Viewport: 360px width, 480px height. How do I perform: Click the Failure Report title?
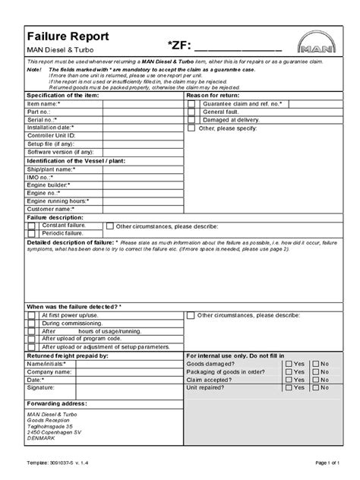(68, 36)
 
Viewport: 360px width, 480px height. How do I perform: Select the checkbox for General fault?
(191, 112)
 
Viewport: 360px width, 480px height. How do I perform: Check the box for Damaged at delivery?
(191, 120)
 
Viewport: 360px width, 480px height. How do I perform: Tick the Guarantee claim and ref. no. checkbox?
(191, 103)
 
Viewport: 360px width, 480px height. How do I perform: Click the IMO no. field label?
(44, 176)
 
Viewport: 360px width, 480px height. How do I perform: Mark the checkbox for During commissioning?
(31, 323)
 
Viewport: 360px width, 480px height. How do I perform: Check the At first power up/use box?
(31, 314)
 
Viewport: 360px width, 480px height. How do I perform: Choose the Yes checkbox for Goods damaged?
(288, 364)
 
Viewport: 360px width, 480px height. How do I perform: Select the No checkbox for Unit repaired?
(314, 387)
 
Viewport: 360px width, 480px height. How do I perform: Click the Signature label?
(42, 387)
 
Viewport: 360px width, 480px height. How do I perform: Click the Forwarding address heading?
(57, 403)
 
